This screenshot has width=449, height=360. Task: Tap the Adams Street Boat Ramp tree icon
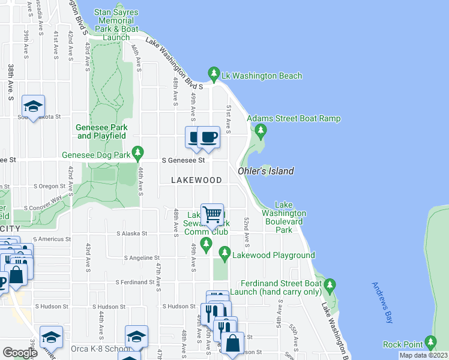[x=260, y=130]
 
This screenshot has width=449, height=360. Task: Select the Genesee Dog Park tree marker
[x=138, y=154]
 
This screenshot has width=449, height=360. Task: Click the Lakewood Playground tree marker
[x=225, y=254]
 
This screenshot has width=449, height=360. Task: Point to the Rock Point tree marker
[x=430, y=343]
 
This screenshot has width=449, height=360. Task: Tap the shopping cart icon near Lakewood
[x=212, y=214]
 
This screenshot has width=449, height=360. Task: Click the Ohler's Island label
[x=266, y=171]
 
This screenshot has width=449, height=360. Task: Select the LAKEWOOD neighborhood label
[x=196, y=180]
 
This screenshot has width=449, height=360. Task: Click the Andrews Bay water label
[x=382, y=304]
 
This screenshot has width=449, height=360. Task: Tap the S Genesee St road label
[x=184, y=160]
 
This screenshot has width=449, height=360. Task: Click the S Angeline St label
[x=141, y=257]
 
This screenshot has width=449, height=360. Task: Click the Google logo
[x=20, y=353]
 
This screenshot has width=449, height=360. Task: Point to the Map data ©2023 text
[x=423, y=355]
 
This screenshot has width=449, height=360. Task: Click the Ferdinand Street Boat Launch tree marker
[x=329, y=283]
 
